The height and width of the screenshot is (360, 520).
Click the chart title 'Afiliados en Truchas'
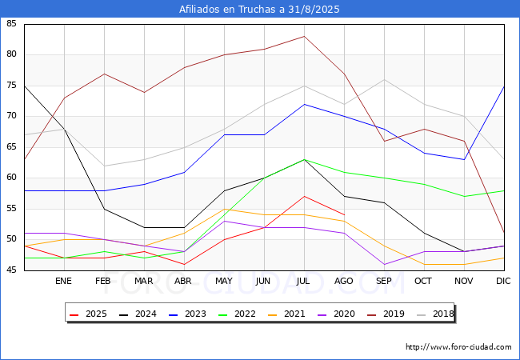259,10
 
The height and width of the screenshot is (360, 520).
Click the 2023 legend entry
190,314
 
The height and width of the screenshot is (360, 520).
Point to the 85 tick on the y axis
11,24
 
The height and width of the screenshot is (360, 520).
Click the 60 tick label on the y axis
11,178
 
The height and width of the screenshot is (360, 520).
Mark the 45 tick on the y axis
11,270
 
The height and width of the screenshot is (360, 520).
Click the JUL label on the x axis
304,282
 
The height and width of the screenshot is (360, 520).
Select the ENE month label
64,282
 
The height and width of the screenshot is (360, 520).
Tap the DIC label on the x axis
503,282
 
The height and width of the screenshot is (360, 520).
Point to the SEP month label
384,282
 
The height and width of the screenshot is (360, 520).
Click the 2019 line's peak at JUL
304,36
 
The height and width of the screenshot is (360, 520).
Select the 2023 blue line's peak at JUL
304,104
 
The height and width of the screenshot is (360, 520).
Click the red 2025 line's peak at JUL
304,196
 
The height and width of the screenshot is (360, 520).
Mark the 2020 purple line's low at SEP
384,264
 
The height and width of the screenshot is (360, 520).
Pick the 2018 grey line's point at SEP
384,79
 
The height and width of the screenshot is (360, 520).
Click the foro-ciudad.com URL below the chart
458,347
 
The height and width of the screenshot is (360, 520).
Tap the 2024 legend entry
140,314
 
